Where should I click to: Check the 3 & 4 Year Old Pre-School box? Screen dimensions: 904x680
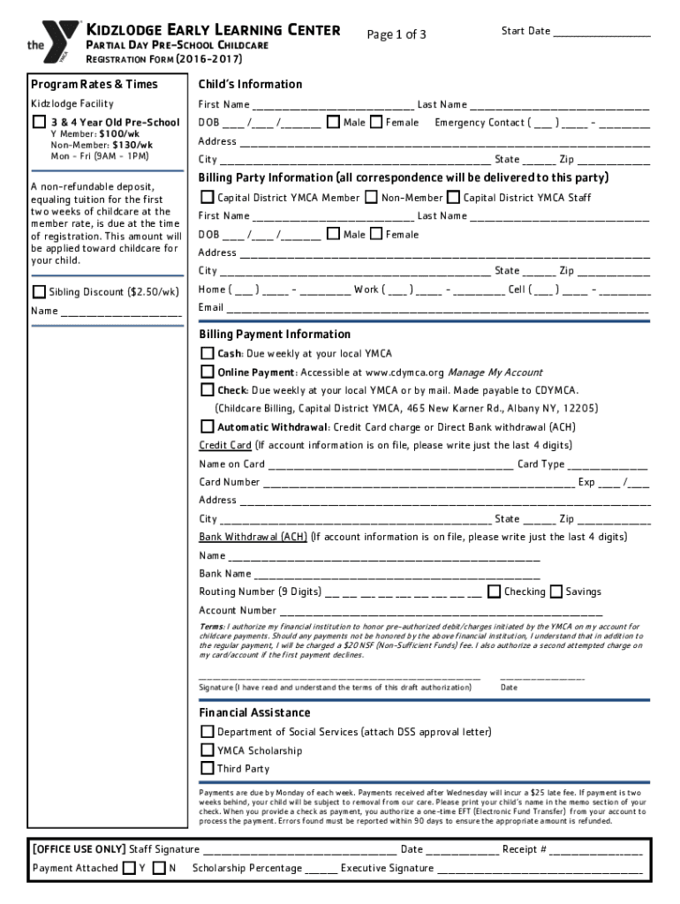pyautogui.click(x=39, y=122)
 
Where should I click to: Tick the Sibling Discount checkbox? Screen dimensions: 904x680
pyautogui.click(x=39, y=291)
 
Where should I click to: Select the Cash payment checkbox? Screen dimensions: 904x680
pyautogui.click(x=207, y=353)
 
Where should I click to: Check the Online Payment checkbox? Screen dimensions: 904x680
pyautogui.click(x=207, y=372)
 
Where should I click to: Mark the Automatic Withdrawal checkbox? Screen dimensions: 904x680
pyautogui.click(x=207, y=426)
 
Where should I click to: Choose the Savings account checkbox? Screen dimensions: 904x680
pyautogui.click(x=556, y=591)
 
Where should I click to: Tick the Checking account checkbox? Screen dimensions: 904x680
pyautogui.click(x=495, y=591)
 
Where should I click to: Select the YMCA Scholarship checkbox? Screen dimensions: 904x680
pyautogui.click(x=207, y=750)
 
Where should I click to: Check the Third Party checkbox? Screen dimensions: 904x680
pyautogui.click(x=207, y=768)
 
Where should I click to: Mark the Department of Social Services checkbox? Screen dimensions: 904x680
pyautogui.click(x=207, y=731)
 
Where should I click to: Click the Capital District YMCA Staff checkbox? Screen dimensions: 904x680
pyautogui.click(x=453, y=197)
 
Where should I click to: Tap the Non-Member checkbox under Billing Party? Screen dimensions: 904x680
pyautogui.click(x=371, y=197)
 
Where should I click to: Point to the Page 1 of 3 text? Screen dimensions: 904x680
pyautogui.click(x=397, y=34)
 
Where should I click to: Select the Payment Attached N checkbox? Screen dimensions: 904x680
pyautogui.click(x=159, y=868)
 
